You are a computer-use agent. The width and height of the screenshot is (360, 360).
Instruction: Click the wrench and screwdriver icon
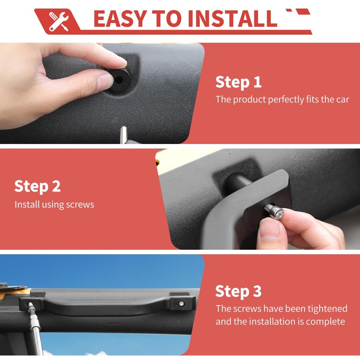59,21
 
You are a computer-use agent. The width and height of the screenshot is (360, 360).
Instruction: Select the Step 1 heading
238,82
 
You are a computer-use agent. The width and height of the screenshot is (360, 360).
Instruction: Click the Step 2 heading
37,186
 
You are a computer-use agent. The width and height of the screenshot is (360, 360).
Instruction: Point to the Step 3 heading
238,291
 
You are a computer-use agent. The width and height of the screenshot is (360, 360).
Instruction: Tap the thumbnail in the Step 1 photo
105,83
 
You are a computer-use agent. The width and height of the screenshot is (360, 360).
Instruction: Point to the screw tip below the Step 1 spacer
123,135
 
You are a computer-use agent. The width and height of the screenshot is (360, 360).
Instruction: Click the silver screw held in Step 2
274,211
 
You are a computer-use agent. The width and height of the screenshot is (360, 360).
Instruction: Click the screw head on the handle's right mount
182,303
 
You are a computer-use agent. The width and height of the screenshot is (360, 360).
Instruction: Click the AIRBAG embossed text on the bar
115,324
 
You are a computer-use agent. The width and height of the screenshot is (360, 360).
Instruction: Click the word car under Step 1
343,99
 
